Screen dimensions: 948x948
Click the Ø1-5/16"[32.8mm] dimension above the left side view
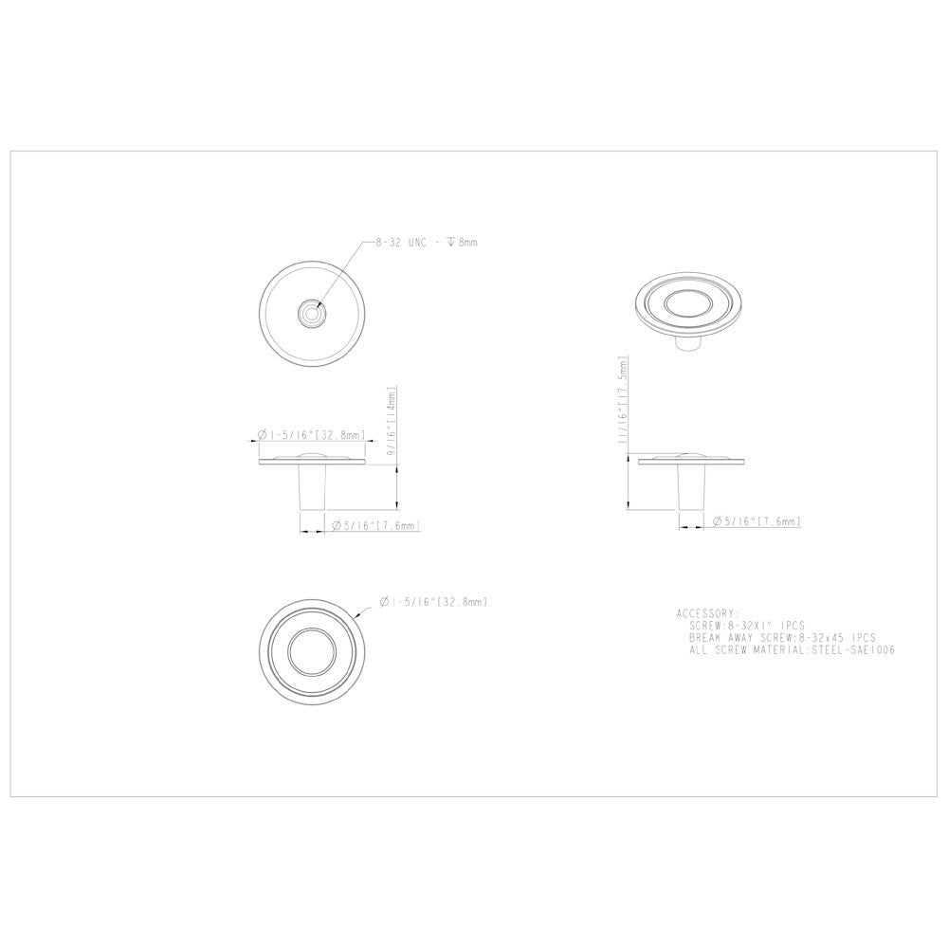312,435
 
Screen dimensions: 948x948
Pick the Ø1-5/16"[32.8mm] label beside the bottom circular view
433,602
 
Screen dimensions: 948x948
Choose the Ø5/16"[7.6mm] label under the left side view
375,525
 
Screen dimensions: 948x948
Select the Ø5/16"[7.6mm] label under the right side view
757,521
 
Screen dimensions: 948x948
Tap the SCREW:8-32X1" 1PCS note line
747,626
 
